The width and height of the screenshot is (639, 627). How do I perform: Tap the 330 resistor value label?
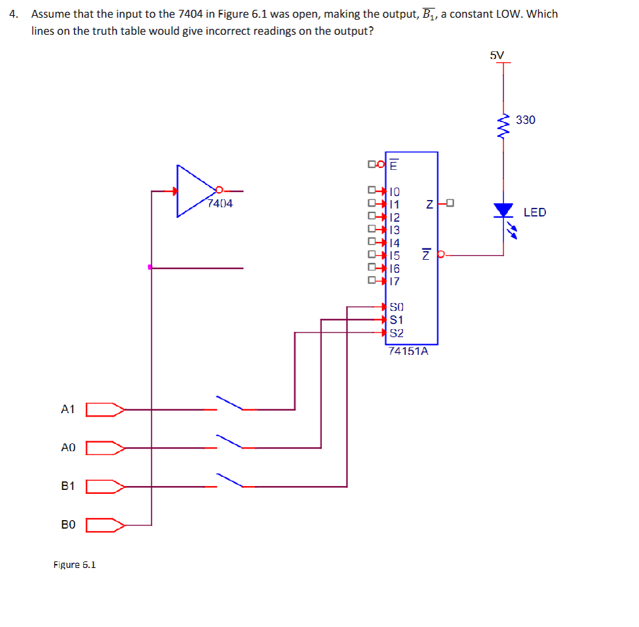click(526, 120)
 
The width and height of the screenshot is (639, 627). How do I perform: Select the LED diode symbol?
click(503, 211)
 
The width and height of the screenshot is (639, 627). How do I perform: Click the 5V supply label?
click(497, 55)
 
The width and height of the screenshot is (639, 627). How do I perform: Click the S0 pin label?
click(397, 306)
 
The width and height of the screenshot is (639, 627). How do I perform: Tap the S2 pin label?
click(397, 333)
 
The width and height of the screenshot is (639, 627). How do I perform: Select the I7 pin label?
click(395, 281)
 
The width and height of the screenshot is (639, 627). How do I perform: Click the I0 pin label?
click(395, 192)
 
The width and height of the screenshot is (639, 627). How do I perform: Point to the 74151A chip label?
click(408, 351)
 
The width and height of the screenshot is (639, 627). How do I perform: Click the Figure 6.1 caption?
click(75, 565)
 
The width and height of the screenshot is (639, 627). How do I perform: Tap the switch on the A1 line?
click(229, 403)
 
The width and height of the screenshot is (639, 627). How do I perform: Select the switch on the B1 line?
click(229, 480)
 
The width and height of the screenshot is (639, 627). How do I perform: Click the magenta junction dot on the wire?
click(150, 267)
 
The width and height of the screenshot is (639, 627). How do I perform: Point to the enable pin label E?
click(393, 165)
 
